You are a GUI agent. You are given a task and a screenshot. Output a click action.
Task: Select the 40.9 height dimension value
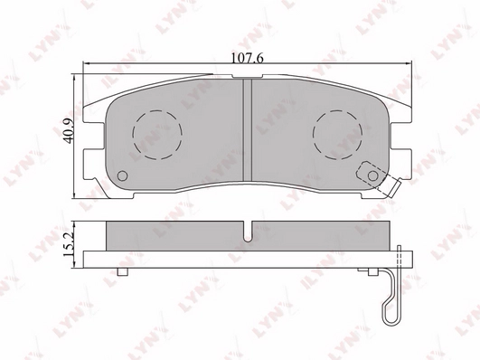[65, 135]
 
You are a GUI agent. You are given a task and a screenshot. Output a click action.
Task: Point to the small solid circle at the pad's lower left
[124, 176]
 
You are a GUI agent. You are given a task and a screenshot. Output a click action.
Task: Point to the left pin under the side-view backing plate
[123, 272]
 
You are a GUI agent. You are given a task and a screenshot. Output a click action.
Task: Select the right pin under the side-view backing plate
[369, 272]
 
